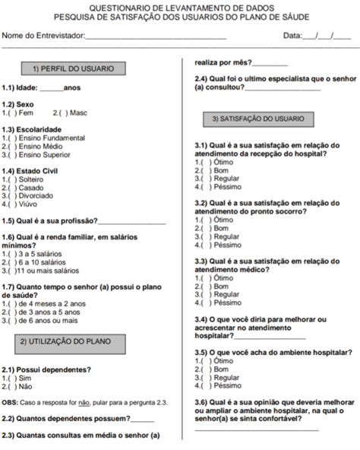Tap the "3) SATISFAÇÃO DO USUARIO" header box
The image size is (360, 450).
258,119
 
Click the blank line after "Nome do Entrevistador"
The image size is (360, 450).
156,36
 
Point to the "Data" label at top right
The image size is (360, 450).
292,35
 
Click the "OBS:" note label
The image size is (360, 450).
11,401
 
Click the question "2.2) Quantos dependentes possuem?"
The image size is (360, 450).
65,418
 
